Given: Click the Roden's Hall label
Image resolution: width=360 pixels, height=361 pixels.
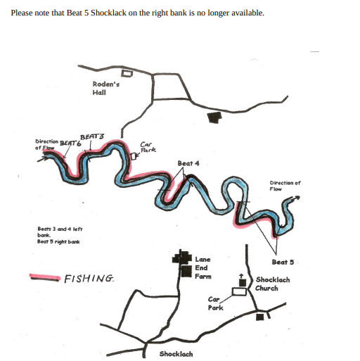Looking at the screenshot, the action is coord(106,88).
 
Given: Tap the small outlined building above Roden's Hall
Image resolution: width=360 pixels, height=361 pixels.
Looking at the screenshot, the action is coord(127,73).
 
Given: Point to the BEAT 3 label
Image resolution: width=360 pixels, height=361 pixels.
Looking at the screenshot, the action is coord(92,137).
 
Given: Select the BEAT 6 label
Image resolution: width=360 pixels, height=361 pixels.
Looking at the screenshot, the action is coord(70,143).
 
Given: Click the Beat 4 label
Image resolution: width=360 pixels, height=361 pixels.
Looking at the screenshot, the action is coord(188,163).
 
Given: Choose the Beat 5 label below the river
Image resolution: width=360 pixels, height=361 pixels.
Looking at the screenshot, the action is coord(283,262).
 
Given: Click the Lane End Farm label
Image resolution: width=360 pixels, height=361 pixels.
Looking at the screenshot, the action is coord(203,267).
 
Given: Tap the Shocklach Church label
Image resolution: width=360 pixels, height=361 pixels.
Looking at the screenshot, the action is coord(273,284).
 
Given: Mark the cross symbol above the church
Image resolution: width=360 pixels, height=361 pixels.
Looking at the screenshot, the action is coord(241,276).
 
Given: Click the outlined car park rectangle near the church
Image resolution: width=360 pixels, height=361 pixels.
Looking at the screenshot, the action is coord(239,291).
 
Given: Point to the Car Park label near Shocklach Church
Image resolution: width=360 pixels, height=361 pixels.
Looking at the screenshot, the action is coord(215,303).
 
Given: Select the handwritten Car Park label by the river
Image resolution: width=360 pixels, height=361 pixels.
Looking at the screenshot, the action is coord(148,147).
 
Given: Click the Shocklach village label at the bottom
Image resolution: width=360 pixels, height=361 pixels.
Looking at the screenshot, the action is coord(176,354).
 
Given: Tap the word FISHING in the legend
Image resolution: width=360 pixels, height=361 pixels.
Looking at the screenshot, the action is coord(89,279).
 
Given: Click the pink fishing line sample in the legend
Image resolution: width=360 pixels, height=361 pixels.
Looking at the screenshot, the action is coord(44,277).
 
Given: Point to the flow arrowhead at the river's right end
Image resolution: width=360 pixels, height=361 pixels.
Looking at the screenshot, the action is coord(297,198).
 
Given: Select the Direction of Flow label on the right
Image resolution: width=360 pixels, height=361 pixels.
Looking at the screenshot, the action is coord(285,186).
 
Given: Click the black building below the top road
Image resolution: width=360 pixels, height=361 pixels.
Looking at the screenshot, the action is coord(214,118).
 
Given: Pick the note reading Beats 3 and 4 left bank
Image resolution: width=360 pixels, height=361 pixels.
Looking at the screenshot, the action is coord(60,232).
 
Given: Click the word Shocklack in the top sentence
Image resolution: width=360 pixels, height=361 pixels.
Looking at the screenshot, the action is coord(108,13).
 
